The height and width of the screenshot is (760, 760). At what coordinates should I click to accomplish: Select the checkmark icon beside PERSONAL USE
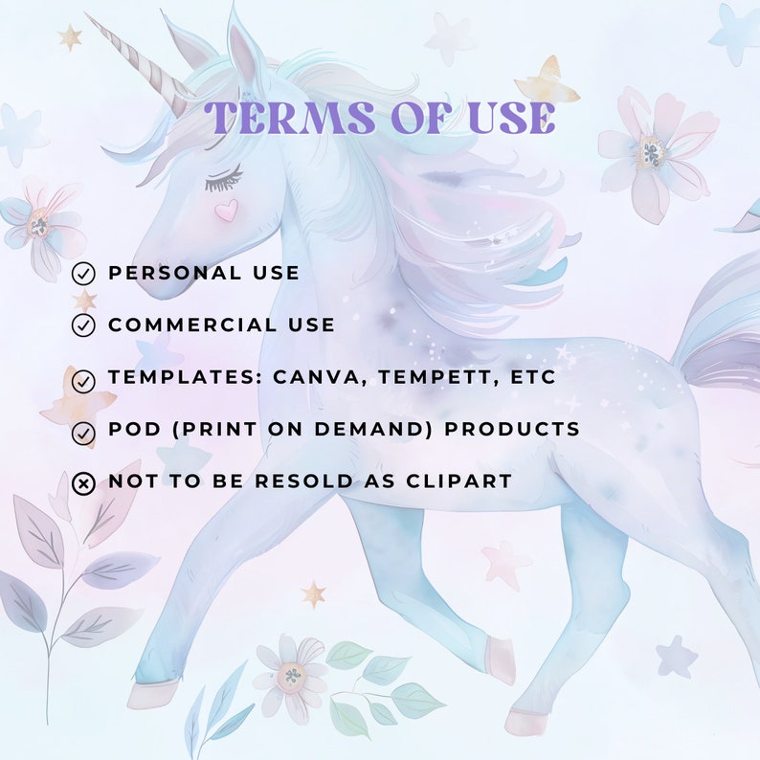84,274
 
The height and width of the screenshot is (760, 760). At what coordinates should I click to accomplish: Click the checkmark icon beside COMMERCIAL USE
84,325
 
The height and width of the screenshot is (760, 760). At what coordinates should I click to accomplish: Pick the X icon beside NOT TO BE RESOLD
84,483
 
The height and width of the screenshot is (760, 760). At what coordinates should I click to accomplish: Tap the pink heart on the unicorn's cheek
226,211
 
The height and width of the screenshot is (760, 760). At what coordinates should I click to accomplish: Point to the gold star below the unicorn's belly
313,594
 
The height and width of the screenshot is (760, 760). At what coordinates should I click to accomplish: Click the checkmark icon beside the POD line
84,433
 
